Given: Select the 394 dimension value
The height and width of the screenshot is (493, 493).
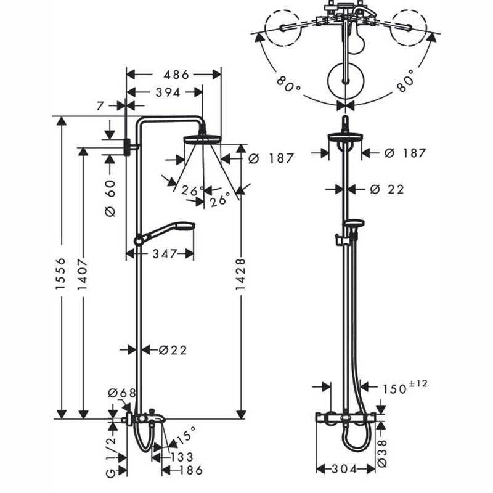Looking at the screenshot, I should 163,92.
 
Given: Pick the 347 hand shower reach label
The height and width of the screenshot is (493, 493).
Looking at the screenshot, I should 165,253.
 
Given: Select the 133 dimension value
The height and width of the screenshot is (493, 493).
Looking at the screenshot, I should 182,457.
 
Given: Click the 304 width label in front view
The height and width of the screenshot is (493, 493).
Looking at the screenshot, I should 345,470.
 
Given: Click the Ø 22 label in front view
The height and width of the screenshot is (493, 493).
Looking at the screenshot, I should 387,189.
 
